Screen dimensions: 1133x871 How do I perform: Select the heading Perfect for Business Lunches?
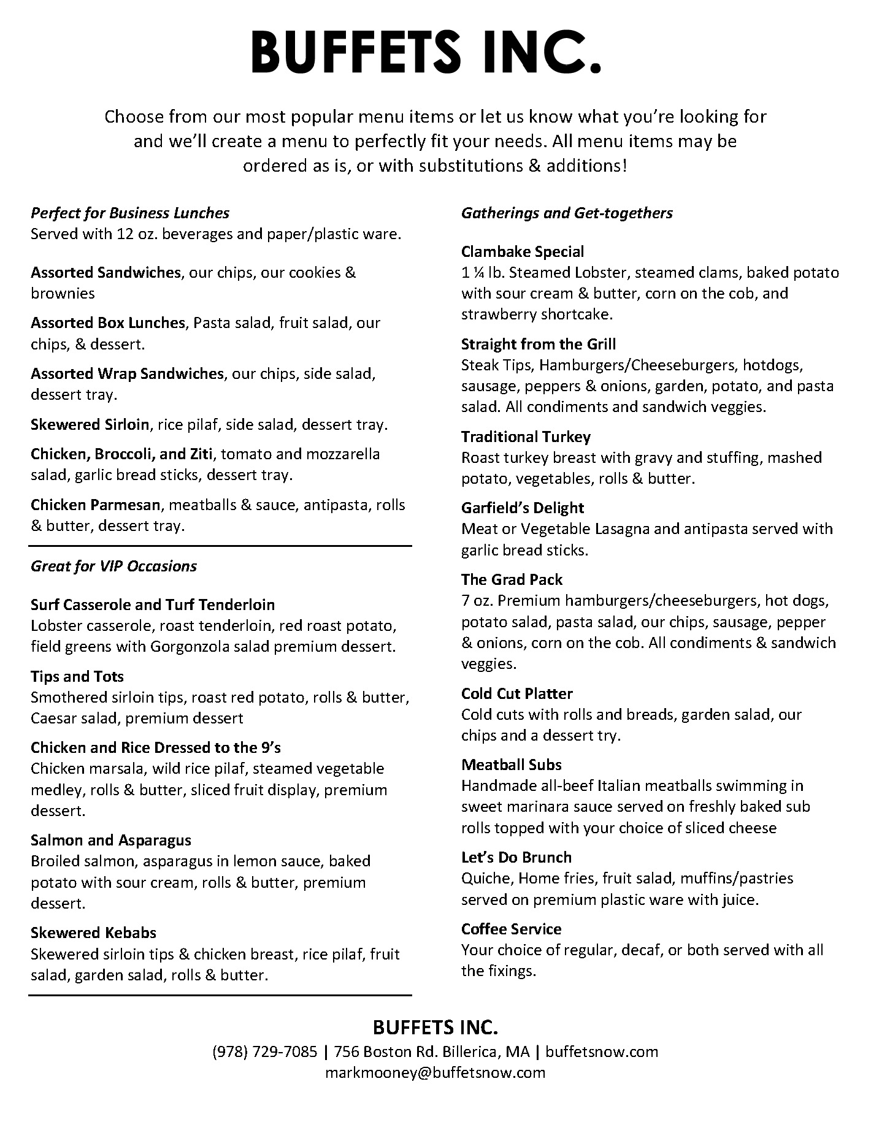[x=130, y=213]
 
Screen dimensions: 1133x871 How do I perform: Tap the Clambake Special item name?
[x=523, y=251]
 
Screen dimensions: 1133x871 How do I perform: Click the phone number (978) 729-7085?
[x=265, y=1051]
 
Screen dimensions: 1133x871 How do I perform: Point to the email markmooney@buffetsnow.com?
[x=435, y=1072]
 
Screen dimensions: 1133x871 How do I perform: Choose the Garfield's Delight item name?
[x=523, y=508]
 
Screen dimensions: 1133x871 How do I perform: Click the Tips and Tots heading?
[x=77, y=676]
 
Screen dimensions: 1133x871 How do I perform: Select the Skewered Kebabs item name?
[x=93, y=933]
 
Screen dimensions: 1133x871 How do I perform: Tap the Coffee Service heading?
[x=512, y=929]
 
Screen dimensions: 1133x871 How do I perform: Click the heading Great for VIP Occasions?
[x=113, y=566]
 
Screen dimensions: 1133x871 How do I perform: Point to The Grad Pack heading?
[x=512, y=579]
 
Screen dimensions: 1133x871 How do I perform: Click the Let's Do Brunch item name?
[x=516, y=857]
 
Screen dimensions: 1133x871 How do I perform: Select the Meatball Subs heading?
[x=512, y=765]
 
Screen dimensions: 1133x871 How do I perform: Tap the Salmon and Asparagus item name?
[x=111, y=840]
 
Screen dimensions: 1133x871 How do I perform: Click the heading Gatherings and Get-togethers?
[x=567, y=213]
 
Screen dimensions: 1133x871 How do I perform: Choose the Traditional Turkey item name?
[x=526, y=437]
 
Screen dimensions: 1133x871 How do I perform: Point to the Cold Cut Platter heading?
[x=517, y=693]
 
